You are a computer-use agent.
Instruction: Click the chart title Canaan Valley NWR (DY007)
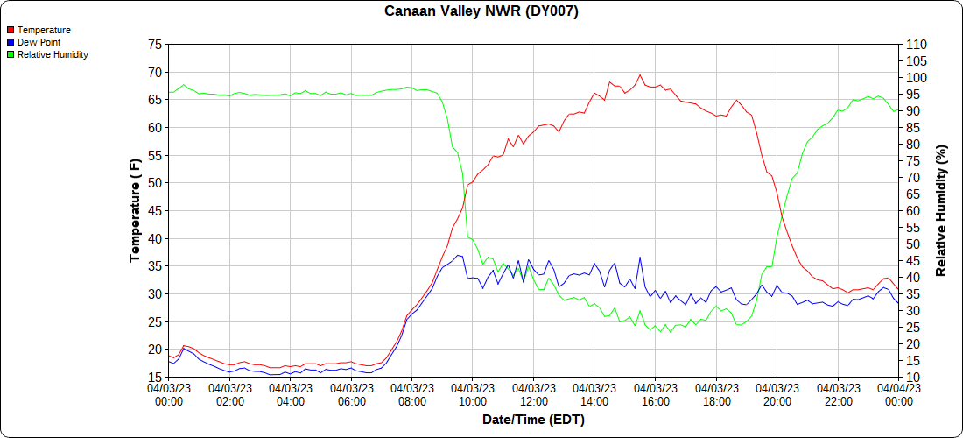tap(481, 11)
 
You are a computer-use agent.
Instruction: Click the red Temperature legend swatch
tap(11, 30)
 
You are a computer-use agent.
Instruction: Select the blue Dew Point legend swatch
tap(11, 42)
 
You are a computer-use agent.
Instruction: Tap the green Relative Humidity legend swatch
tap(11, 54)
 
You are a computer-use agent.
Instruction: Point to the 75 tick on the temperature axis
tap(155, 44)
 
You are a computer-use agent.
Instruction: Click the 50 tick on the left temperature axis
tap(155, 183)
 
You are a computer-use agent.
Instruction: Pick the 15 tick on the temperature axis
tap(155, 378)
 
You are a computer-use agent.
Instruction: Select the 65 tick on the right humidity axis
tap(911, 194)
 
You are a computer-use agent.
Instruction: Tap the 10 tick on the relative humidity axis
tap(911, 378)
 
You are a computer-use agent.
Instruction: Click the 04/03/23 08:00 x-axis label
tap(412, 395)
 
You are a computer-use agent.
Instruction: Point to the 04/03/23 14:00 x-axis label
tap(594, 395)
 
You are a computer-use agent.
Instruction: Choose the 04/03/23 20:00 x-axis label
tap(777, 395)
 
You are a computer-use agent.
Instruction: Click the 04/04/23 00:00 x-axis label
tap(898, 395)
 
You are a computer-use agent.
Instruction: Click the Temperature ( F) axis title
tap(135, 210)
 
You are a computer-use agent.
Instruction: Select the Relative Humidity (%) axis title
tap(942, 210)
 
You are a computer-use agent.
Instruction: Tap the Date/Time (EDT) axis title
tap(533, 420)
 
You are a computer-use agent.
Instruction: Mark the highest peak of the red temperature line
tap(640, 75)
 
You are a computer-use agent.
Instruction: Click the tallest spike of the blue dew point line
tap(640, 258)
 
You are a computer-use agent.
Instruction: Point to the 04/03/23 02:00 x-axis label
tap(229, 395)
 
